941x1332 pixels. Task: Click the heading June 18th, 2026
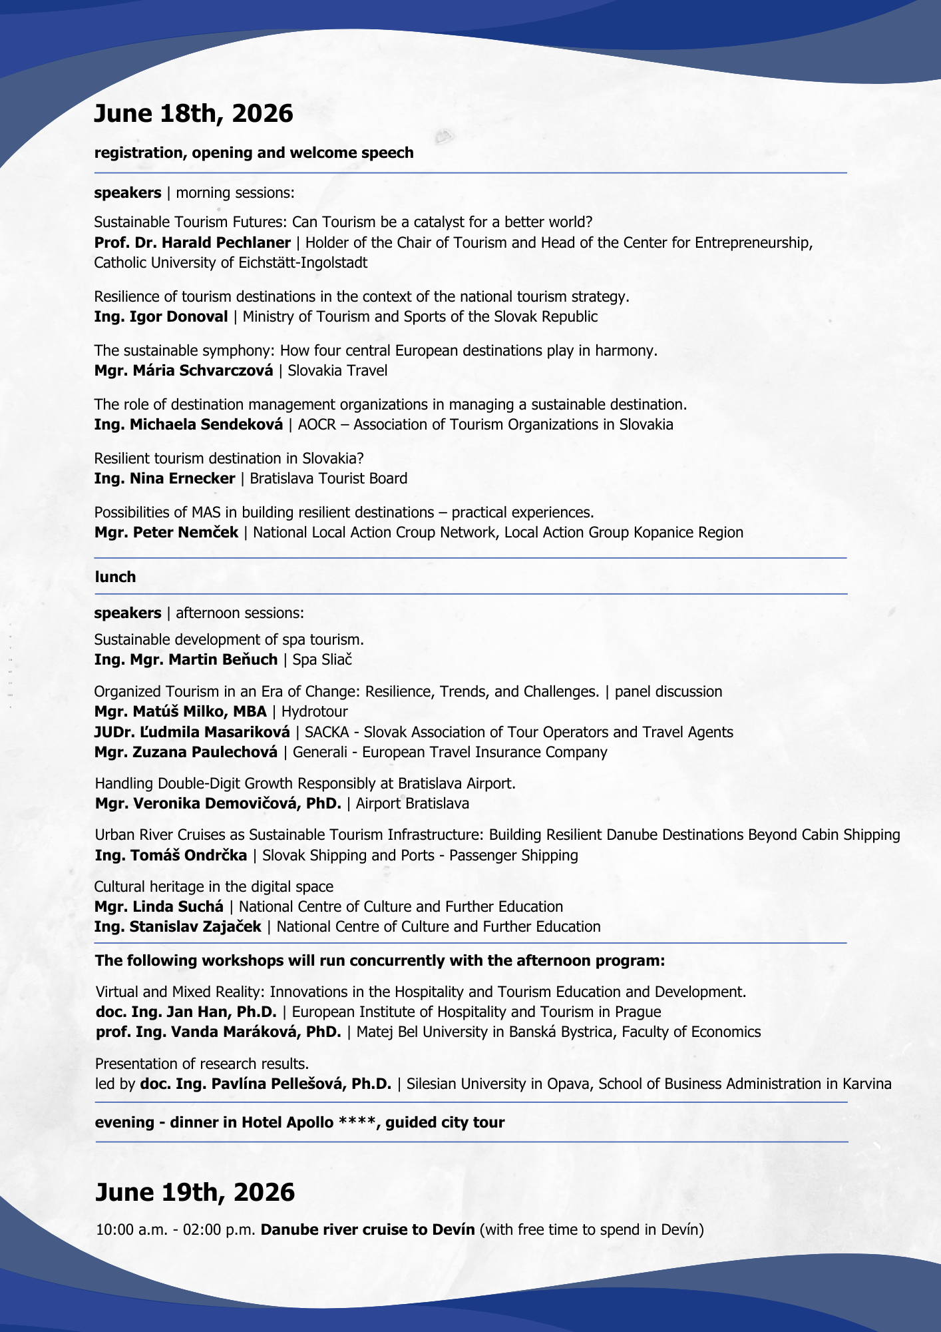point(193,114)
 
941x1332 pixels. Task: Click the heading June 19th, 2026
point(194,1191)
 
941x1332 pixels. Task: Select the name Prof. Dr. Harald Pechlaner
point(192,242)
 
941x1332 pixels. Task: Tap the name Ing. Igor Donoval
point(161,316)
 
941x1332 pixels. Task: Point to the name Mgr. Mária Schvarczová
point(184,370)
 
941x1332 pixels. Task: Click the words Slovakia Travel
point(337,370)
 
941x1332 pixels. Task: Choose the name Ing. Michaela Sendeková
point(188,424)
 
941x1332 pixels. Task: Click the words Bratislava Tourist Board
point(328,478)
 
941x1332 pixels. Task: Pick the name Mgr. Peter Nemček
point(166,532)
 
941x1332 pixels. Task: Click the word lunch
point(115,577)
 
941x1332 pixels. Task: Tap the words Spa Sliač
point(322,659)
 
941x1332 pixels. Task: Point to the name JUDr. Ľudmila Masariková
point(192,732)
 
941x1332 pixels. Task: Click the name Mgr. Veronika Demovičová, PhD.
point(218,803)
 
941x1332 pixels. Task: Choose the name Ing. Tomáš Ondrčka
point(171,855)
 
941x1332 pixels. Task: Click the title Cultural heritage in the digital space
point(214,886)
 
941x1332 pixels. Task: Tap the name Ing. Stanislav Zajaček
point(178,926)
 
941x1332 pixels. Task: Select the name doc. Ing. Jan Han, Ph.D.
point(186,1012)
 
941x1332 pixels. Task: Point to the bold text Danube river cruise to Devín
point(368,1229)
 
